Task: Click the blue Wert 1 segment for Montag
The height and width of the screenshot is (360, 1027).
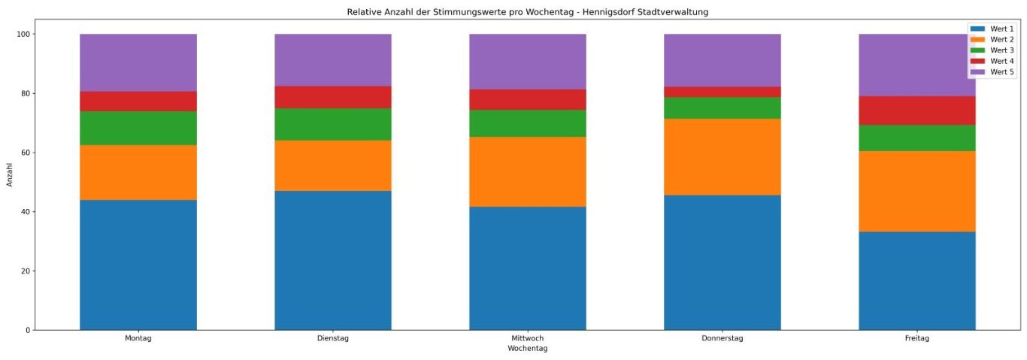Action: point(138,265)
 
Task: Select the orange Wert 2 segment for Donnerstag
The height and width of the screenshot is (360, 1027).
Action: point(722,157)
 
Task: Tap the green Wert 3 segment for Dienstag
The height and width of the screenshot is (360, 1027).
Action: point(333,124)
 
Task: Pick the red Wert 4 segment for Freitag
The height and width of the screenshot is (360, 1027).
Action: point(917,110)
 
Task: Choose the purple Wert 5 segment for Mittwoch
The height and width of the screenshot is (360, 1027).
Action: point(528,62)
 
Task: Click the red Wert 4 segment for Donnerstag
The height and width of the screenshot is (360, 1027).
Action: point(722,92)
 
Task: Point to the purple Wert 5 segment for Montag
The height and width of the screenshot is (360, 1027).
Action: point(138,62)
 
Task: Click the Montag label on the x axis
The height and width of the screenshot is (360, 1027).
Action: point(138,339)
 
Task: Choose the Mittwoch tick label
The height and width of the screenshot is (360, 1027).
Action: point(528,339)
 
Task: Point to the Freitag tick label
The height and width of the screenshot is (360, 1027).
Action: point(917,339)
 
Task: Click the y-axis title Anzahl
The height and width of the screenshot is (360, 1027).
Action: point(10,175)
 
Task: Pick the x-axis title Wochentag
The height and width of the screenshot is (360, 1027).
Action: point(528,349)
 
